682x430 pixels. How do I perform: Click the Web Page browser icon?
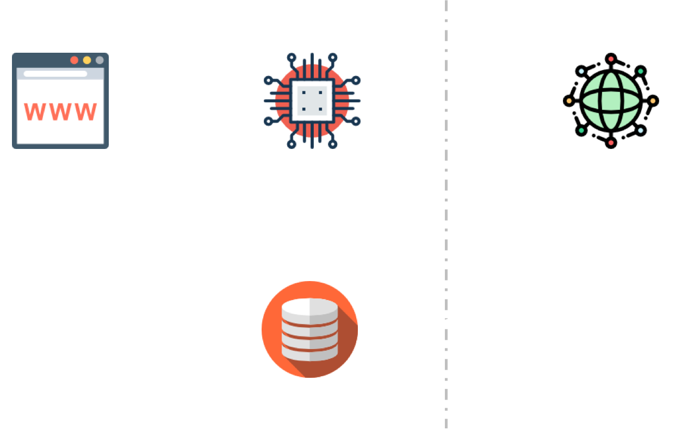(60, 101)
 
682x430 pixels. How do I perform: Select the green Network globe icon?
(611, 101)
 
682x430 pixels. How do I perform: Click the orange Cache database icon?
(309, 329)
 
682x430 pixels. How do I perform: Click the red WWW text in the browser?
(60, 111)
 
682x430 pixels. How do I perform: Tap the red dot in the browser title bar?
(74, 60)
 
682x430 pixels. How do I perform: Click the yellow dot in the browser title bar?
(86, 60)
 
